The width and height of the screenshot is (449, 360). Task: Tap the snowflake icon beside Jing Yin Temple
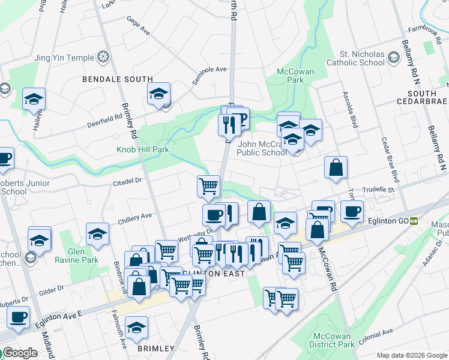104,58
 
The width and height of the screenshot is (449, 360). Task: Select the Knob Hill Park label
143,149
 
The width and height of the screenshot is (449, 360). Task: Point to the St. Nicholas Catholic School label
356,58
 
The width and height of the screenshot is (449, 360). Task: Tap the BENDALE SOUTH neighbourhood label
118,79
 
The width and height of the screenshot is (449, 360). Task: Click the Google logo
19,353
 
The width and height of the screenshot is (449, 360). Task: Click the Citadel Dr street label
127,179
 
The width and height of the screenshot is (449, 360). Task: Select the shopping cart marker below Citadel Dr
208,185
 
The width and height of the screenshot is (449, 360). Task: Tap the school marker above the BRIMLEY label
137,328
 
